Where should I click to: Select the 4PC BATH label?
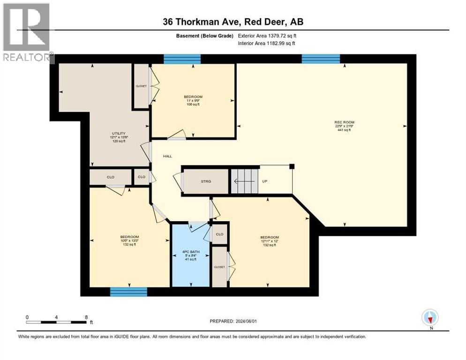(190, 252)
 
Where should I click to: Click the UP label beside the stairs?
(264, 181)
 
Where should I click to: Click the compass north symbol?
(429, 317)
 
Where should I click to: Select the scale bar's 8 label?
(86, 317)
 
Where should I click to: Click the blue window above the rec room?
(321, 59)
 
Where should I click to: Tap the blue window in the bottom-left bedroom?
(128, 292)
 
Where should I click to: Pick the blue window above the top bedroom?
(182, 59)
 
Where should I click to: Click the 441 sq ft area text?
(342, 130)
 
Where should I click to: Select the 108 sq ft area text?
(193, 105)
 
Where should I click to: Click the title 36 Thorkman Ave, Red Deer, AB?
(233, 22)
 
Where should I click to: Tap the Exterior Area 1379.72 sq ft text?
(267, 36)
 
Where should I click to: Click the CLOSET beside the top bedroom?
(141, 86)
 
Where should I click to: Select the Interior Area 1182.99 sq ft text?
(267, 44)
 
